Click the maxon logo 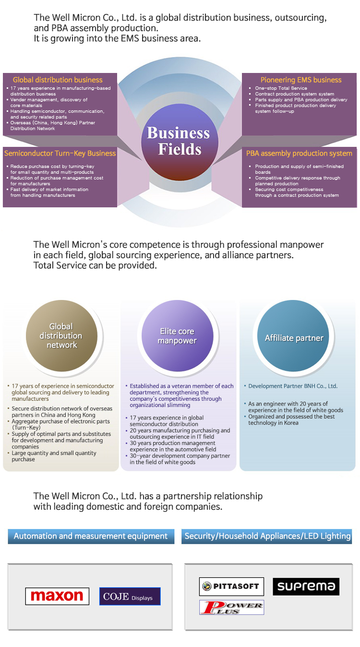[x=57, y=596]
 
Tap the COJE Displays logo [x=130, y=596]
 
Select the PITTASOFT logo [x=231, y=587]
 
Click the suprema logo [x=306, y=587]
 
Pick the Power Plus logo [x=231, y=607]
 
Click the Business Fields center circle [x=180, y=142]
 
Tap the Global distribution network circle [x=61, y=335]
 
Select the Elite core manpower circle [x=178, y=335]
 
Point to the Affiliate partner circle [x=293, y=335]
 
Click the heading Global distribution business [x=58, y=80]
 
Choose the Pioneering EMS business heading [x=301, y=80]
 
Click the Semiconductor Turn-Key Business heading [x=60, y=153]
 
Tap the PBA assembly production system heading [x=299, y=154]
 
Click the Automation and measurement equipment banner [x=91, y=536]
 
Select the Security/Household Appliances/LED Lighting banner [x=267, y=536]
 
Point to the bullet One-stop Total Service [x=280, y=88]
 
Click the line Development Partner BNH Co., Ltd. [x=292, y=386]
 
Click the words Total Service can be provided [x=95, y=265]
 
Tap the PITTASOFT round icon [x=206, y=587]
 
